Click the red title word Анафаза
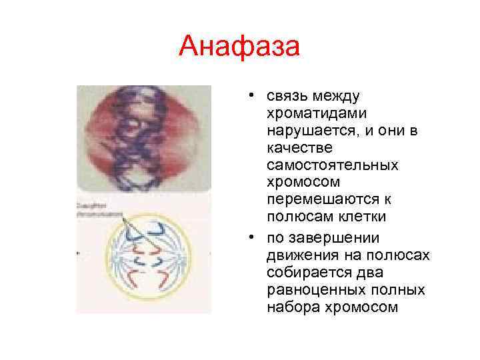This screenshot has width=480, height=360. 240,48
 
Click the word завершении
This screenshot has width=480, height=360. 319,238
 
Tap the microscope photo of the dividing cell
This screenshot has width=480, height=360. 143,137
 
